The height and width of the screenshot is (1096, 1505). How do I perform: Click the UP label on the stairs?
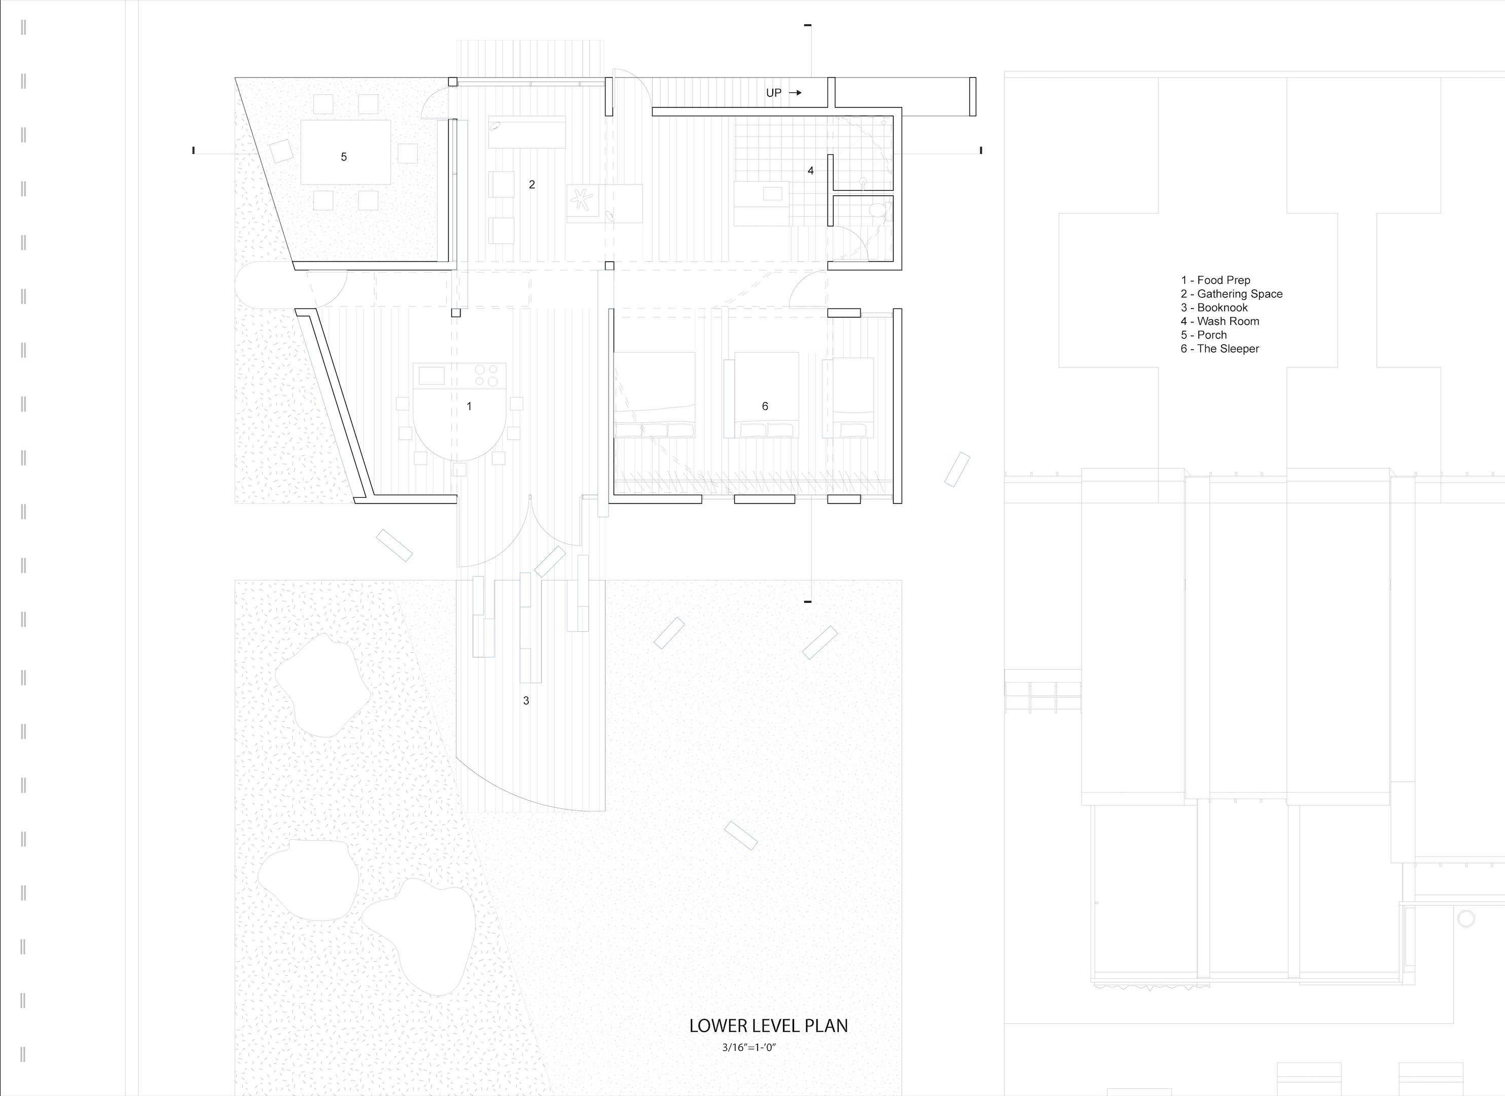774,93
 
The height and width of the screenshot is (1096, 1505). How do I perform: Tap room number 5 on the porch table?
344,157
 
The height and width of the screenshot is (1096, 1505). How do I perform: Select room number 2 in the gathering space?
531,185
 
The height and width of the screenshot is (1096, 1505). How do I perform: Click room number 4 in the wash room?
810,170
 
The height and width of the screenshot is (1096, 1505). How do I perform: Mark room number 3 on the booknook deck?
526,700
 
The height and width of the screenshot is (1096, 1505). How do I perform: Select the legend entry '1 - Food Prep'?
1215,280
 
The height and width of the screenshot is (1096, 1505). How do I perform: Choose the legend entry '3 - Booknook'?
1214,307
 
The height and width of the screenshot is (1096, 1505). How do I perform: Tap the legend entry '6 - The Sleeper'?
1220,349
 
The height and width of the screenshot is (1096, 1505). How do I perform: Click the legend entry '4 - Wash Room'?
1220,321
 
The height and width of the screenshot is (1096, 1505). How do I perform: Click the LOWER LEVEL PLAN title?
768,1025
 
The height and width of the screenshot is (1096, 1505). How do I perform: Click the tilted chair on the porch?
281,151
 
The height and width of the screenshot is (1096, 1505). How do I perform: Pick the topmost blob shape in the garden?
323,685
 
